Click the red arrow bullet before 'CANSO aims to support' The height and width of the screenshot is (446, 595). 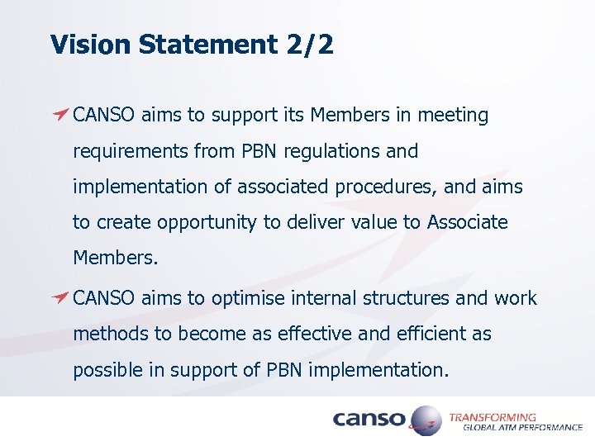pyautogui.click(x=59, y=115)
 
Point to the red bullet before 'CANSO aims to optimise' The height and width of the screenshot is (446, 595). pyautogui.click(x=59, y=298)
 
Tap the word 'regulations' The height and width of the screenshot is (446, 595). pyautogui.click(x=335, y=152)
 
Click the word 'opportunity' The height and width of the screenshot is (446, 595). pyautogui.click(x=198, y=223)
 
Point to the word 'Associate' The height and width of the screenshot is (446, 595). pyautogui.click(x=467, y=223)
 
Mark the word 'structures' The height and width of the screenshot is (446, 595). pyautogui.click(x=407, y=298)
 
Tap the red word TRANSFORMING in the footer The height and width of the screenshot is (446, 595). pyautogui.click(x=493, y=417)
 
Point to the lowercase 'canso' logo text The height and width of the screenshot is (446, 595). pyautogui.click(x=369, y=420)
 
